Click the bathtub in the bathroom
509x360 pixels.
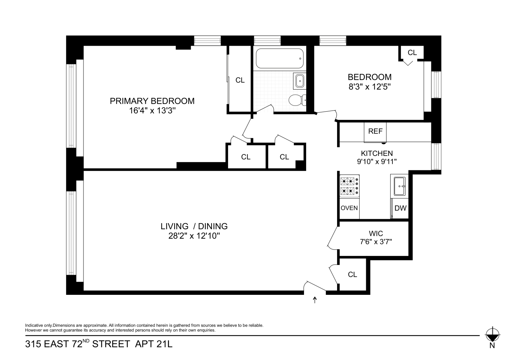[280, 58]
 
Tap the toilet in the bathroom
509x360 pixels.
[297, 100]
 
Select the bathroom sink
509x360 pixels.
[299, 81]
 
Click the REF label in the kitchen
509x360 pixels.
[375, 131]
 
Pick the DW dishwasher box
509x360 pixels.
[400, 208]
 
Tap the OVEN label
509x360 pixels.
[349, 208]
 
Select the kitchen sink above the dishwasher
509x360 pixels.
[399, 186]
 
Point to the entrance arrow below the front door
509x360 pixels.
[315, 300]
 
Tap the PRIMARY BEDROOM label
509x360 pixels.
[152, 101]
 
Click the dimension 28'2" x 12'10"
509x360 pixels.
[194, 236]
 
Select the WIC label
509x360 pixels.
[376, 234]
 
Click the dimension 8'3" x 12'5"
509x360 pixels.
[369, 87]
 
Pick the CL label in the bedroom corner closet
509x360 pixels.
[412, 53]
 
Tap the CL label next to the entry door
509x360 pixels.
[353, 275]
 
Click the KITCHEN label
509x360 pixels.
[377, 153]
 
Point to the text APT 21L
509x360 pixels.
[154, 344]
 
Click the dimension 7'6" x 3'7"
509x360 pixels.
[376, 242]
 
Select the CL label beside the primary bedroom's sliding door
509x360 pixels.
[240, 80]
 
